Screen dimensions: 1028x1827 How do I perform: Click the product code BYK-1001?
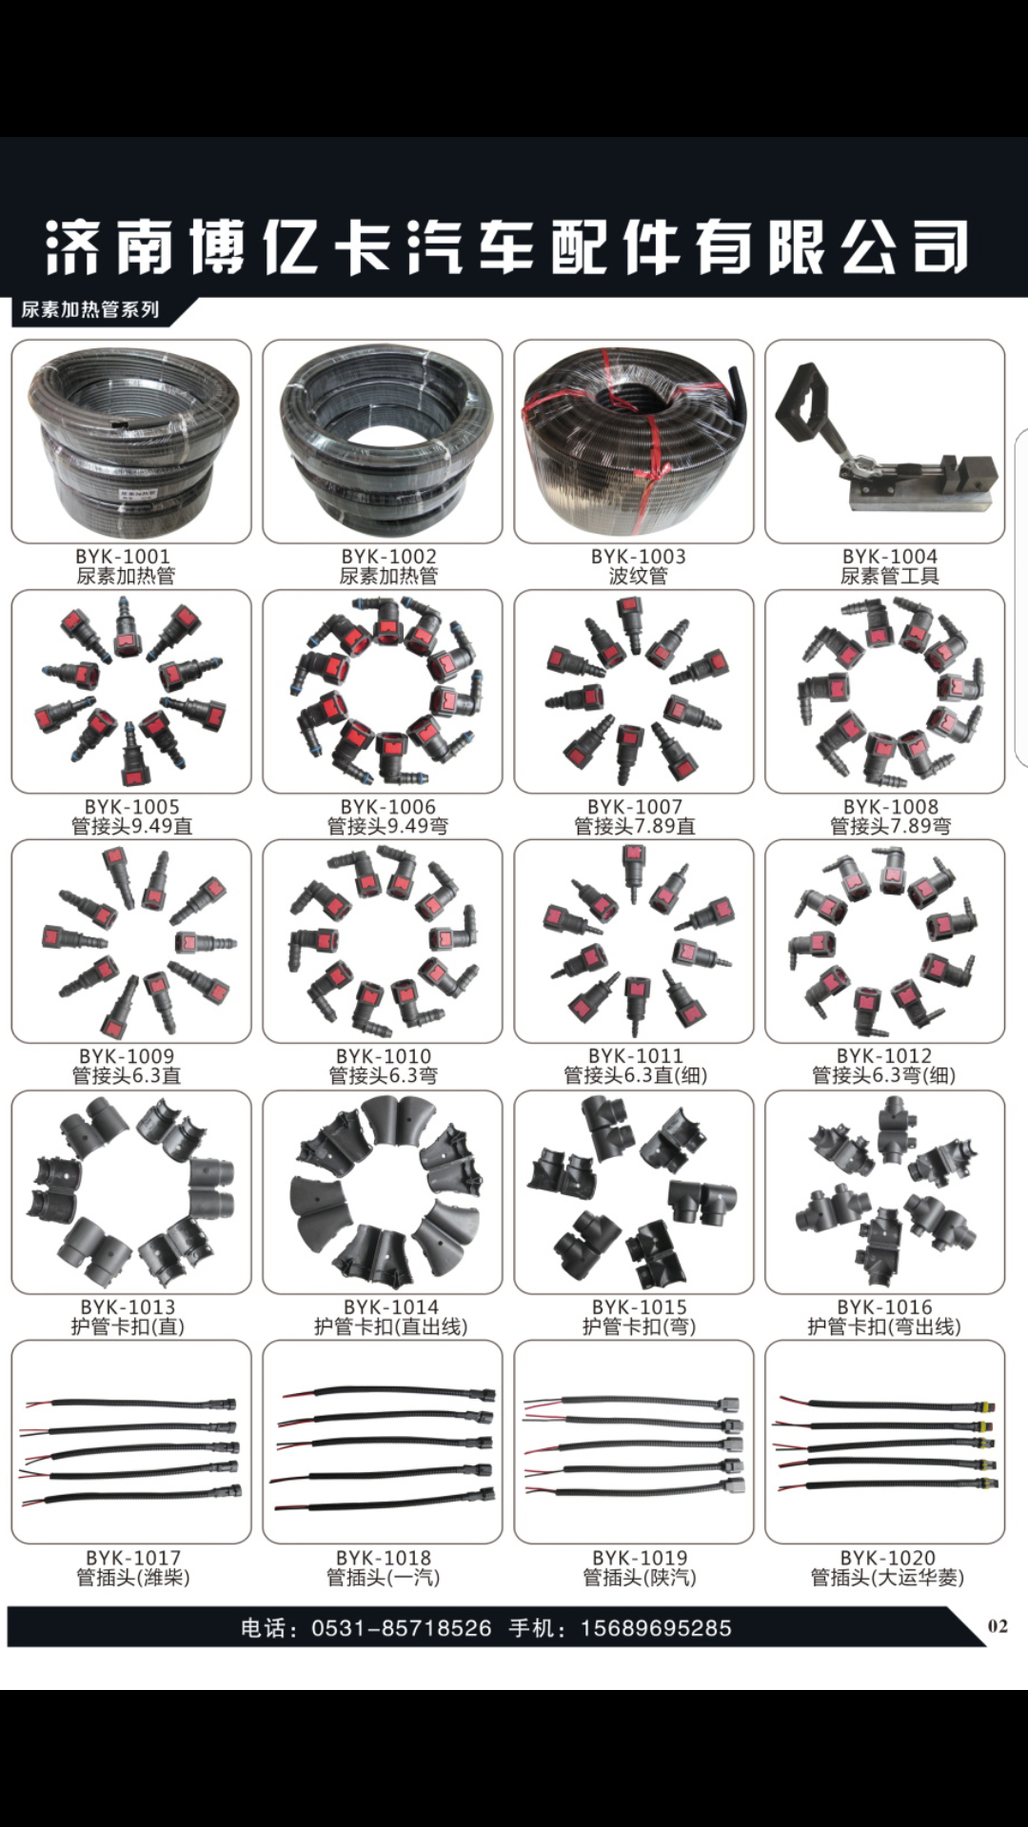[123, 557]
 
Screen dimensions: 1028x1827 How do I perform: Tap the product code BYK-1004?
[890, 557]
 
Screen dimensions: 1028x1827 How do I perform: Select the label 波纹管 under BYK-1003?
[638, 576]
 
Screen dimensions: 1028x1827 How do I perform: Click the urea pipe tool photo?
[885, 442]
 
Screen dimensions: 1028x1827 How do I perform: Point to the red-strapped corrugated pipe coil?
[634, 442]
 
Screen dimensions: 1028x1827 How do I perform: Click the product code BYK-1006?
[387, 807]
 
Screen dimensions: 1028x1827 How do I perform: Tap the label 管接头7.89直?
[635, 826]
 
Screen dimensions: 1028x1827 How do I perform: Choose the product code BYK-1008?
[890, 807]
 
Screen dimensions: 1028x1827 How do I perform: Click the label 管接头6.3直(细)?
[635, 1075]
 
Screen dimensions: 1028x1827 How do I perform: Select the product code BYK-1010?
[384, 1056]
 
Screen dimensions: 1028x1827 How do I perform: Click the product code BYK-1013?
[128, 1307]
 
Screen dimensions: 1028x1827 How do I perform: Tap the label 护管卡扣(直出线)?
[390, 1326]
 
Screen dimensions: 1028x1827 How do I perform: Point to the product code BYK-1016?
[884, 1307]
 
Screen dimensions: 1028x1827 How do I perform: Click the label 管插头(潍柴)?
[133, 1578]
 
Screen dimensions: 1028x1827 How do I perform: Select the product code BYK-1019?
[639, 1558]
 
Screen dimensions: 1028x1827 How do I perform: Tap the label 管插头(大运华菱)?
[887, 1578]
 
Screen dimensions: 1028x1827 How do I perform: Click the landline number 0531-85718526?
[402, 1628]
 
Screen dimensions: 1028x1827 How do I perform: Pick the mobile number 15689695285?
[656, 1628]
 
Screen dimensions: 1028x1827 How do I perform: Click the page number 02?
[998, 1625]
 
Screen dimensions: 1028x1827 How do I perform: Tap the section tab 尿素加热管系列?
[90, 309]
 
